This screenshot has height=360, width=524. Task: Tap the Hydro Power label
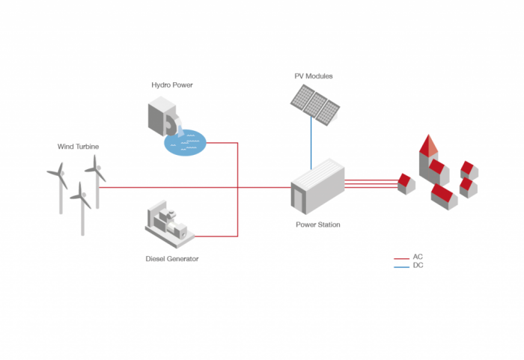tap(172, 85)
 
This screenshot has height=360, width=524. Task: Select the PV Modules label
tap(314, 76)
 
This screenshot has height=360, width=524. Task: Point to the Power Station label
tap(317, 224)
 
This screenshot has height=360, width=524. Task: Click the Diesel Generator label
tap(172, 259)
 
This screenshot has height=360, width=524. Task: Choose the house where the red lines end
tap(406, 183)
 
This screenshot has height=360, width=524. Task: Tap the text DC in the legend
tap(418, 266)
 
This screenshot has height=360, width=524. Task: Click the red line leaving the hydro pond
tap(225, 141)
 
